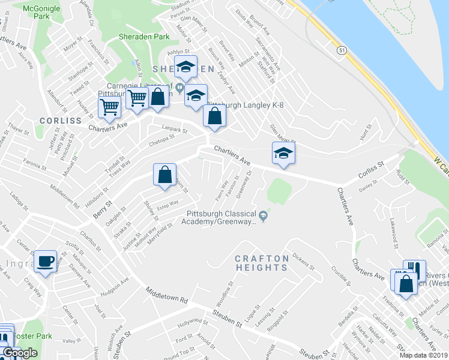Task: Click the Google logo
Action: [x=20, y=353]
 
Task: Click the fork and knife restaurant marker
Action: [x=414, y=271]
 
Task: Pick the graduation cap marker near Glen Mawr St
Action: [x=283, y=153]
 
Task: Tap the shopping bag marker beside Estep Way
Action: [x=164, y=175]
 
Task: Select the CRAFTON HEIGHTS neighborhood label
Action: [x=261, y=263]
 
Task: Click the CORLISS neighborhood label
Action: [x=60, y=121]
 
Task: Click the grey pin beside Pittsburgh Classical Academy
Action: [x=262, y=214]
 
